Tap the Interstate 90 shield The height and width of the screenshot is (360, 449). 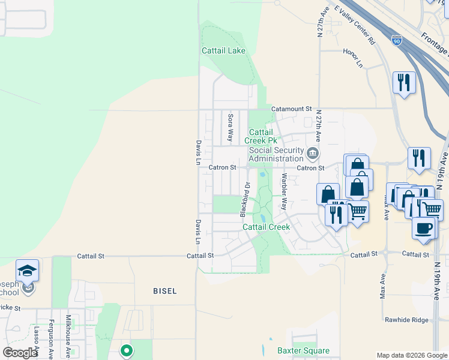(x=396, y=40)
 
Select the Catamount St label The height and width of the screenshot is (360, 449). (x=292, y=109)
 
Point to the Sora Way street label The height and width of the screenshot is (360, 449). (x=231, y=127)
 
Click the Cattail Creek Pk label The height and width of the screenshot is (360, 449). (x=261, y=136)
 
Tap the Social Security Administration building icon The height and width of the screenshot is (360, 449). (x=312, y=154)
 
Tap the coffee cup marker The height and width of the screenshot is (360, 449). (x=424, y=228)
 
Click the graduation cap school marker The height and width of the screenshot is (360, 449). (x=28, y=272)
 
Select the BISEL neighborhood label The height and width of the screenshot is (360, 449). (x=164, y=291)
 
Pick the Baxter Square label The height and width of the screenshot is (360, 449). (x=303, y=350)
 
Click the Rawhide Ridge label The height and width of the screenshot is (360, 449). (x=407, y=320)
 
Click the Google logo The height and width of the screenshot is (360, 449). (x=20, y=353)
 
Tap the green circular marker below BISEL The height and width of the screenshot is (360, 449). (x=126, y=350)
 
